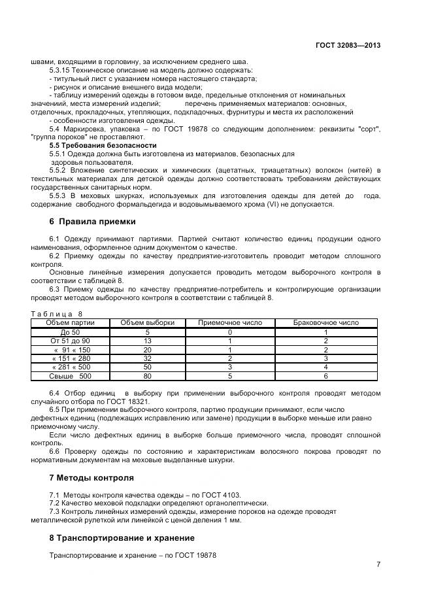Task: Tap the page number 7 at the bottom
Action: pos(378,565)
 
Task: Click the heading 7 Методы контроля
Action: pos(91,477)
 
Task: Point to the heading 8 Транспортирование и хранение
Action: pos(122,537)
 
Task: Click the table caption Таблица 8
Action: pos(58,314)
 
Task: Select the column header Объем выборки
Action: pos(147,322)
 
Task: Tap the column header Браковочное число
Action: pos(325,322)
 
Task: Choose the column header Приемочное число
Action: pos(229,322)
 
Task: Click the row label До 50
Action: pos(70,332)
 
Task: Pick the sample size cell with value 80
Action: pos(147,377)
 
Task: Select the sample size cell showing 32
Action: pos(147,359)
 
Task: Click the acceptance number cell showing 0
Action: pos(229,332)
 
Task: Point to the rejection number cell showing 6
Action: pos(325,377)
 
